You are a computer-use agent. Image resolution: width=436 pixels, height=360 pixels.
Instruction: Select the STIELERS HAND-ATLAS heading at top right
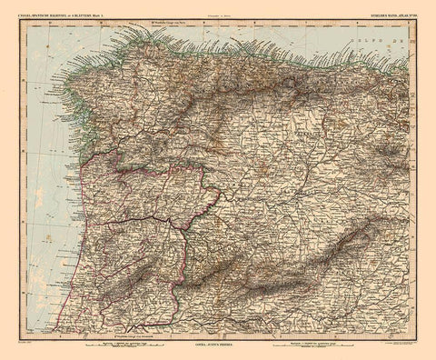pyautogui.click(x=383, y=12)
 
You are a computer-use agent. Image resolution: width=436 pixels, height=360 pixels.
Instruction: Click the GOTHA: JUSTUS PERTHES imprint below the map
pyautogui.click(x=218, y=349)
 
